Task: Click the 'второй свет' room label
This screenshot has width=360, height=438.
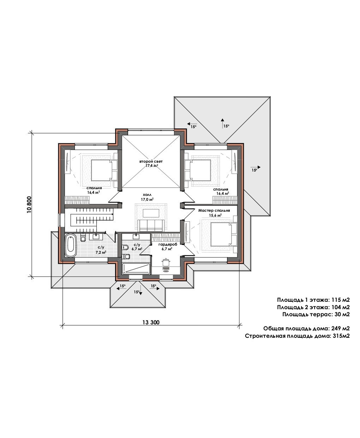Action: point(151,161)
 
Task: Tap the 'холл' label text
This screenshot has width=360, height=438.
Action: point(147,195)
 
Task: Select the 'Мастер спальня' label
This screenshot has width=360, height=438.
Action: point(214,210)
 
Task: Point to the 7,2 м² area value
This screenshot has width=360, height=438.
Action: point(101,252)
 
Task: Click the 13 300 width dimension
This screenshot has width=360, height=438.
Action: point(151,322)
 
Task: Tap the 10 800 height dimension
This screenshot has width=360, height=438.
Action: point(29,205)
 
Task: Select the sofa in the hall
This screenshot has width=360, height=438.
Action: point(151,225)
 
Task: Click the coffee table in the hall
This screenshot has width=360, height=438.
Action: point(151,213)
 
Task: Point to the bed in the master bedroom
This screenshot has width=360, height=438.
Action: point(223,234)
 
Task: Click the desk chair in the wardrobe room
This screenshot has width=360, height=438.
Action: point(166,262)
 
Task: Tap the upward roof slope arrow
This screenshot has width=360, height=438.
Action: point(222,123)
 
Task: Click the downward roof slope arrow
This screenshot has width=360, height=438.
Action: point(140,290)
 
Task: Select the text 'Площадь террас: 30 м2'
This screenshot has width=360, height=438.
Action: point(316,314)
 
